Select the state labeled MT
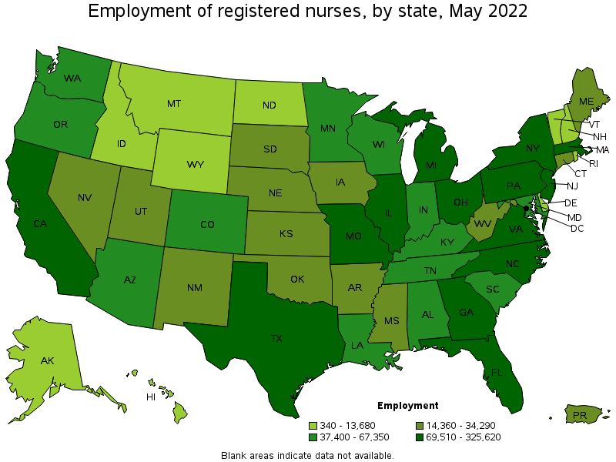174,103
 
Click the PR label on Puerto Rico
578,416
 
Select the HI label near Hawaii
152,397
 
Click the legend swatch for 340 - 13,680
313,425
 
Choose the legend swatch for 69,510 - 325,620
420,437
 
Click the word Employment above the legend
408,405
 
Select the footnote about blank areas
307,455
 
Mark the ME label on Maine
585,101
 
